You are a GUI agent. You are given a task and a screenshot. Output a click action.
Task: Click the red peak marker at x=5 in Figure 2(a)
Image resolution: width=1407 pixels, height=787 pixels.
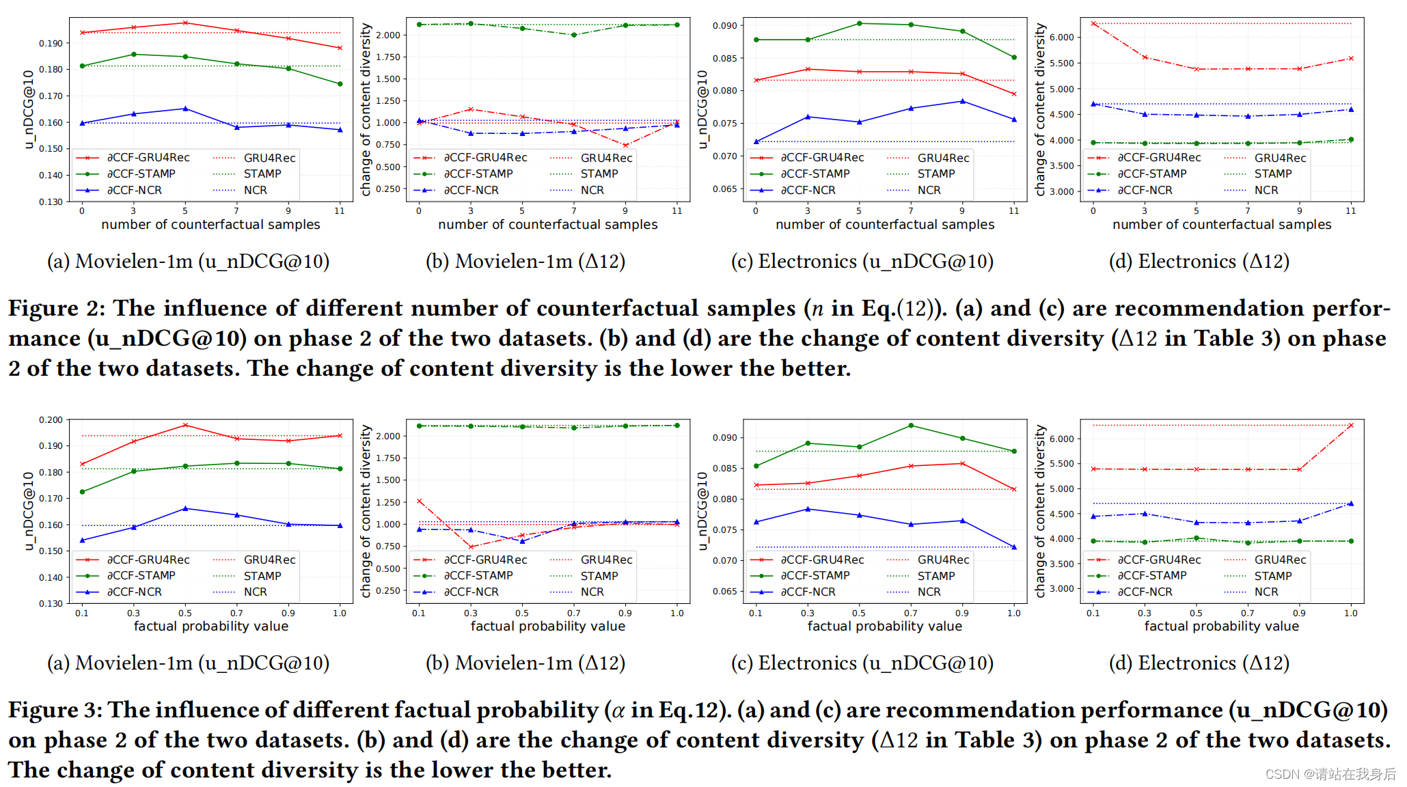(185, 23)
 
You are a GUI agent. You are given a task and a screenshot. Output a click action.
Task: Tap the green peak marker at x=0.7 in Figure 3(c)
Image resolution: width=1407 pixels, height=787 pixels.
(911, 426)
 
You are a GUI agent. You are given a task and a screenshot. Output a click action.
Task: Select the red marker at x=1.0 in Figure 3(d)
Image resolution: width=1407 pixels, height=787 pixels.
(1350, 426)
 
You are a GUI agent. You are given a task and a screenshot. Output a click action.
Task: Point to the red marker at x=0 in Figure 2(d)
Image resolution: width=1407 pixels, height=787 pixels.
(1093, 23)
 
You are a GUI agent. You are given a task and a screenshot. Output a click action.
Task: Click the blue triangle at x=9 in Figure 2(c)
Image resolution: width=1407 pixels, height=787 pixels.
(963, 101)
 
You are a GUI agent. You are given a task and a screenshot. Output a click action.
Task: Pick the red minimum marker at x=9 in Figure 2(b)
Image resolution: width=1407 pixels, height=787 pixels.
(625, 145)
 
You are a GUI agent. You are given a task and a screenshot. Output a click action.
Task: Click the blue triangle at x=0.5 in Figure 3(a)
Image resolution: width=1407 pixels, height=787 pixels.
(185, 508)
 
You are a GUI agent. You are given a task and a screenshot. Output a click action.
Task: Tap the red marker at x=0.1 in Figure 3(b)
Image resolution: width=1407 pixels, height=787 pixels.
(420, 501)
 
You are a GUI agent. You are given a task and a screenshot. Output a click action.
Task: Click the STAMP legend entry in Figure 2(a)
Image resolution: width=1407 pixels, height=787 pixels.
(262, 174)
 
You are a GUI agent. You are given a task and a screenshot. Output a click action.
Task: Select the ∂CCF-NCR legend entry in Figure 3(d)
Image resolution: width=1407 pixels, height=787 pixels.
(1145, 592)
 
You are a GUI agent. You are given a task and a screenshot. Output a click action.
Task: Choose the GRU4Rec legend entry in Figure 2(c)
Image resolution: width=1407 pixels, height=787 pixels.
(943, 158)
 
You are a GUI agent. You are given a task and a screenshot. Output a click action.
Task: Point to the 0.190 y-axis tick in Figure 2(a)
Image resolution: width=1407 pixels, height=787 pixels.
(51, 43)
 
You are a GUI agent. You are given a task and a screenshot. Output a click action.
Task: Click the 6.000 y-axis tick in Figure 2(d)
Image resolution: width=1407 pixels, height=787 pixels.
(1061, 37)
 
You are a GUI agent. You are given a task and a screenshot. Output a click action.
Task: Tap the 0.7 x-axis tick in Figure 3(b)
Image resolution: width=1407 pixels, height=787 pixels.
(574, 613)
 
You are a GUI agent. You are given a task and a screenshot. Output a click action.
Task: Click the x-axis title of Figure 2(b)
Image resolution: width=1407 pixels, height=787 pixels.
(547, 224)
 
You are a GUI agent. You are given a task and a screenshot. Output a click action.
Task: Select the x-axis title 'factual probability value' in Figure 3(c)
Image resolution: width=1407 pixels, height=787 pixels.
(884, 626)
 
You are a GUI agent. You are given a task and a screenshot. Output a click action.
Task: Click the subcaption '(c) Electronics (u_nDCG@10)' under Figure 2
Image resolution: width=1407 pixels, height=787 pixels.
(862, 261)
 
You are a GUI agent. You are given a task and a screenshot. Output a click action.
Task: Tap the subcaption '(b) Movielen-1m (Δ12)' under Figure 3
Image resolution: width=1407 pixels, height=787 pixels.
(525, 663)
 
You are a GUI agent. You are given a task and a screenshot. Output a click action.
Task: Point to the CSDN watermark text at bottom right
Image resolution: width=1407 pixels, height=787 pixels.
(1330, 773)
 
